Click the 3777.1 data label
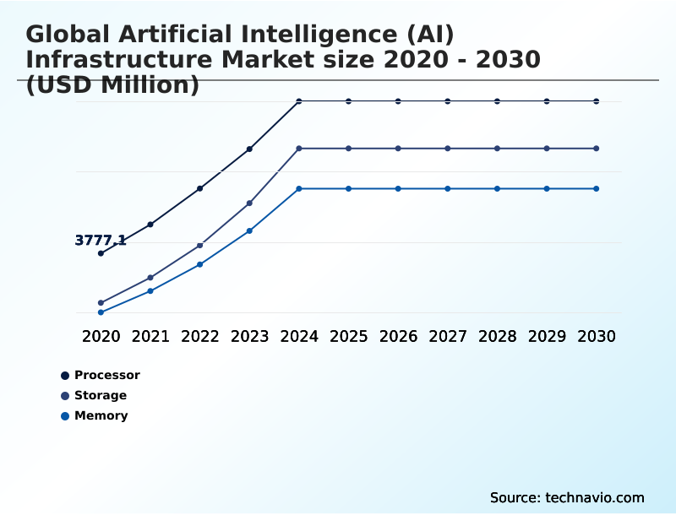[101, 241]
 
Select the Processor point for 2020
[101, 253]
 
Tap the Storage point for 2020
[101, 302]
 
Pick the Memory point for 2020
[101, 312]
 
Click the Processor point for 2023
[249, 149]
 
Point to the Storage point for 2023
[249, 203]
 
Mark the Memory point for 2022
[200, 264]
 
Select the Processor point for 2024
[299, 101]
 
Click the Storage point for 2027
[448, 149]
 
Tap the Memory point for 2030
[597, 188]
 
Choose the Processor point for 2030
[597, 101]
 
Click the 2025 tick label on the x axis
[348, 336]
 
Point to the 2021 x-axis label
[150, 336]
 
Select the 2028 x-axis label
[497, 336]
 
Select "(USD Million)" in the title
[112, 85]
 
